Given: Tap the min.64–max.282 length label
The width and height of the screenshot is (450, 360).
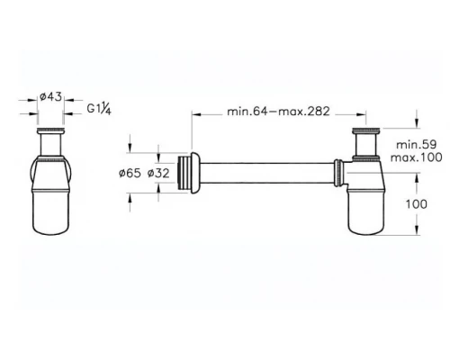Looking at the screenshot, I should coord(277,112).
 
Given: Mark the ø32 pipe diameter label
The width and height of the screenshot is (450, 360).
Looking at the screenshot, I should coord(160,172).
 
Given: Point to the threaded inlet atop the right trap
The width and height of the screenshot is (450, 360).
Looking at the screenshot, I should coord(363,140).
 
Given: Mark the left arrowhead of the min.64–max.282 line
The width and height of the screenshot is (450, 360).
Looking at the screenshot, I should coord(193,112).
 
